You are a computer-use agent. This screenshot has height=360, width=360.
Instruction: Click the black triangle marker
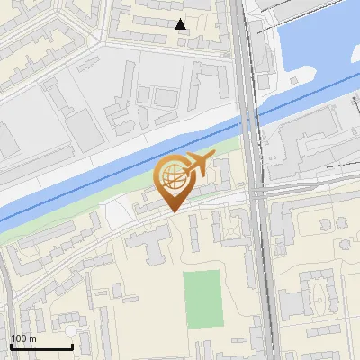(181, 24)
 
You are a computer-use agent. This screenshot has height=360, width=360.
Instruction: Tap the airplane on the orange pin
(197, 164)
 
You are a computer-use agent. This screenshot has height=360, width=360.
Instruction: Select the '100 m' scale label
(24, 337)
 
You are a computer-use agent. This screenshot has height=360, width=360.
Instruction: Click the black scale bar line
(41, 346)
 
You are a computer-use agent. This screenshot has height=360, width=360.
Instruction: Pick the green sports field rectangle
(203, 299)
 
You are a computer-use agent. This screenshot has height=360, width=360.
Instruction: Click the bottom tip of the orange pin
(174, 211)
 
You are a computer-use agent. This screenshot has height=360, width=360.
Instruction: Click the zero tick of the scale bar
(11, 346)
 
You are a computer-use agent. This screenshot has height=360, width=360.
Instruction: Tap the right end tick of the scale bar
(72, 346)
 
